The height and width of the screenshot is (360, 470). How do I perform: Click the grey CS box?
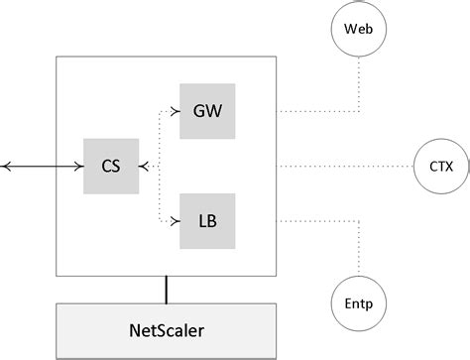click(112, 166)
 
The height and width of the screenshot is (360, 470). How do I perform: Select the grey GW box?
click(207, 110)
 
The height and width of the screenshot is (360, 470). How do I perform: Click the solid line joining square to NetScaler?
click(166, 289)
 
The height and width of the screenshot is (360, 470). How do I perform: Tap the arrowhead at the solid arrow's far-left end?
click(5, 166)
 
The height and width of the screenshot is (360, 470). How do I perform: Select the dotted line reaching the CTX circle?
click(357, 166)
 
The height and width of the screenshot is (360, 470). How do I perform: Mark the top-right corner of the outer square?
click(277, 57)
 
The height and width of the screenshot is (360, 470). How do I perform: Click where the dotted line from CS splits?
click(159, 166)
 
